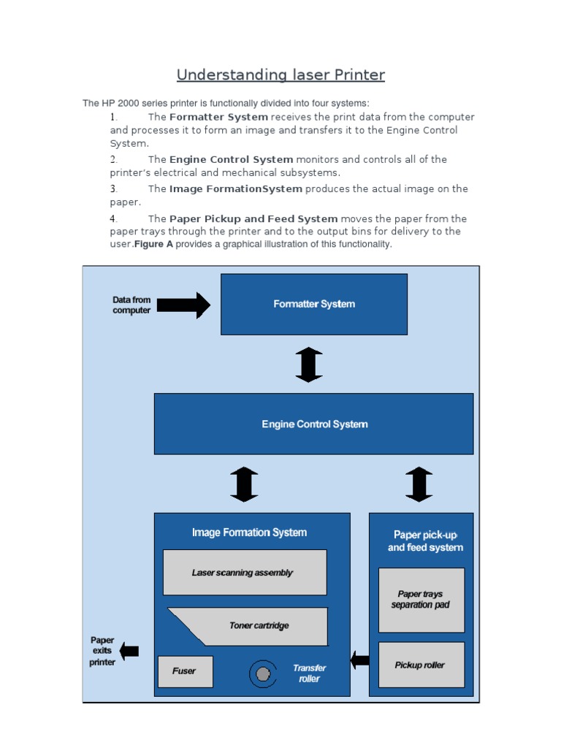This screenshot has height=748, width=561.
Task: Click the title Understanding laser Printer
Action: [280, 75]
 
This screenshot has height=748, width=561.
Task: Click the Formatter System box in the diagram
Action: [314, 304]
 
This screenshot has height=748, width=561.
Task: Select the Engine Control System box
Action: [314, 424]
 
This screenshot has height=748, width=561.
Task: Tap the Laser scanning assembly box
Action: [244, 573]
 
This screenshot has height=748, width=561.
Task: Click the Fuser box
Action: [185, 671]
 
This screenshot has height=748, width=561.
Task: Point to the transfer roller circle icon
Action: [263, 673]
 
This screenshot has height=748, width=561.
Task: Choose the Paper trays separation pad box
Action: [421, 600]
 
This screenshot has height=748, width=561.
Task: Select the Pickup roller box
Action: [421, 665]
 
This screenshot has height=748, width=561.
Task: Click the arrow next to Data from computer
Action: [183, 305]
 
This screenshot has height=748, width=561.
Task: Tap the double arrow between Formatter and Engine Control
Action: [309, 364]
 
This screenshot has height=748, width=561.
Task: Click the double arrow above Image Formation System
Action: [244, 484]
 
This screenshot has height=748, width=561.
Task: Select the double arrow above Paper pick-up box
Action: [419, 484]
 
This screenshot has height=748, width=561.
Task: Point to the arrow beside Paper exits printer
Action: [129, 650]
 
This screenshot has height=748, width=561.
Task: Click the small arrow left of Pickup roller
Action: [359, 660]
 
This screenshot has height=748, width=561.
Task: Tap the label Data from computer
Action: [131, 305]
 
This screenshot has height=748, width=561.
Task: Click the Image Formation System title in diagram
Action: [249, 533]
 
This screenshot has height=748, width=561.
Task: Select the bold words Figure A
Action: [154, 244]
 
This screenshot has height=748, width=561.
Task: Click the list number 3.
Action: [114, 189]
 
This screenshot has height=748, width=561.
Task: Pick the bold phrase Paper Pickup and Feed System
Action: [253, 218]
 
